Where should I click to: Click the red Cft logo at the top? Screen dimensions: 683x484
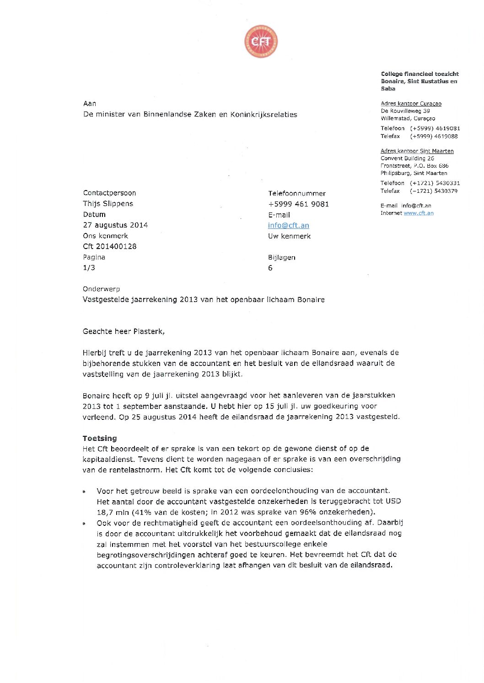pos(261,42)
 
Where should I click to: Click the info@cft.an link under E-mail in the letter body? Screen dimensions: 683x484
pos(289,225)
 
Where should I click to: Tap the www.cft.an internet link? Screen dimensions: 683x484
pos(418,213)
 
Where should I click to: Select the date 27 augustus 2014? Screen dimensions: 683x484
pos(115,225)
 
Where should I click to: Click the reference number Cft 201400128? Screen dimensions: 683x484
pos(110,246)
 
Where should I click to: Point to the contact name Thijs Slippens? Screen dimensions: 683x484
pos(108,203)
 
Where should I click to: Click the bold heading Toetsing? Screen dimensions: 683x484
pos(100,438)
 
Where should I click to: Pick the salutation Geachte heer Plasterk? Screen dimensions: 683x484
pos(124,331)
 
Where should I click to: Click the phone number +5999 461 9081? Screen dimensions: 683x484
pos(298,204)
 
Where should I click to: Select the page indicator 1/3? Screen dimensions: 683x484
pos(89,268)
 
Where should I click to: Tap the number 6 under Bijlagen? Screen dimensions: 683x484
pos(270,268)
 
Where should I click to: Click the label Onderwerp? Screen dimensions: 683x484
pos(101,289)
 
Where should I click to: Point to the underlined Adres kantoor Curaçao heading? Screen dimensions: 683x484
pos(411,104)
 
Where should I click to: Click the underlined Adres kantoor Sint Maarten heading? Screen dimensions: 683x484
pos(417,151)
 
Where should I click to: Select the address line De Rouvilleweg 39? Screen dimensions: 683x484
pos(405,111)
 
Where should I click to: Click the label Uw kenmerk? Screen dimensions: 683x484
pos(289,236)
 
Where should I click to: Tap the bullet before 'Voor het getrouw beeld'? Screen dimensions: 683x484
pos(84,492)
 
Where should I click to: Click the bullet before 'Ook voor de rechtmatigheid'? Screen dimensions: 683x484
pos(84,524)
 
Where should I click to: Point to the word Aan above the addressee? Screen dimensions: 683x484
pos(90,104)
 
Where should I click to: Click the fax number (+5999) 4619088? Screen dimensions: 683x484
pos(434,136)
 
